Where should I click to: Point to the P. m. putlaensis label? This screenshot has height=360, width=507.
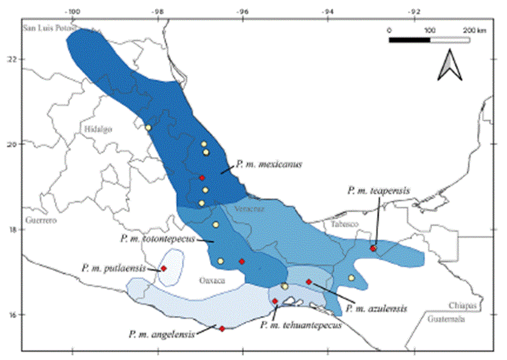click(x=114, y=268)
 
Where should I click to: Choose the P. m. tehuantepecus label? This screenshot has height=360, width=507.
click(x=301, y=325)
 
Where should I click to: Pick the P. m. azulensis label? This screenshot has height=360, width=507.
click(x=380, y=309)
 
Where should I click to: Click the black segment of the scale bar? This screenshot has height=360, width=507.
click(x=409, y=39)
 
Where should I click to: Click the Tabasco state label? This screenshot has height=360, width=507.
click(x=341, y=224)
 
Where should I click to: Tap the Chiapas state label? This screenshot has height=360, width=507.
click(x=463, y=305)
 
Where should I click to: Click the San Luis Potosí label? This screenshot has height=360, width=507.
click(x=48, y=28)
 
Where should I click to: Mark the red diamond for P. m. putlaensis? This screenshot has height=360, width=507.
click(x=163, y=269)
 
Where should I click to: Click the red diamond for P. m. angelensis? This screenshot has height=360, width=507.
click(x=222, y=328)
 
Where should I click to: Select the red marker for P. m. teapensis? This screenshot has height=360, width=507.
click(x=373, y=248)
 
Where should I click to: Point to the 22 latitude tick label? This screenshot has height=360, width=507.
click(x=12, y=59)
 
